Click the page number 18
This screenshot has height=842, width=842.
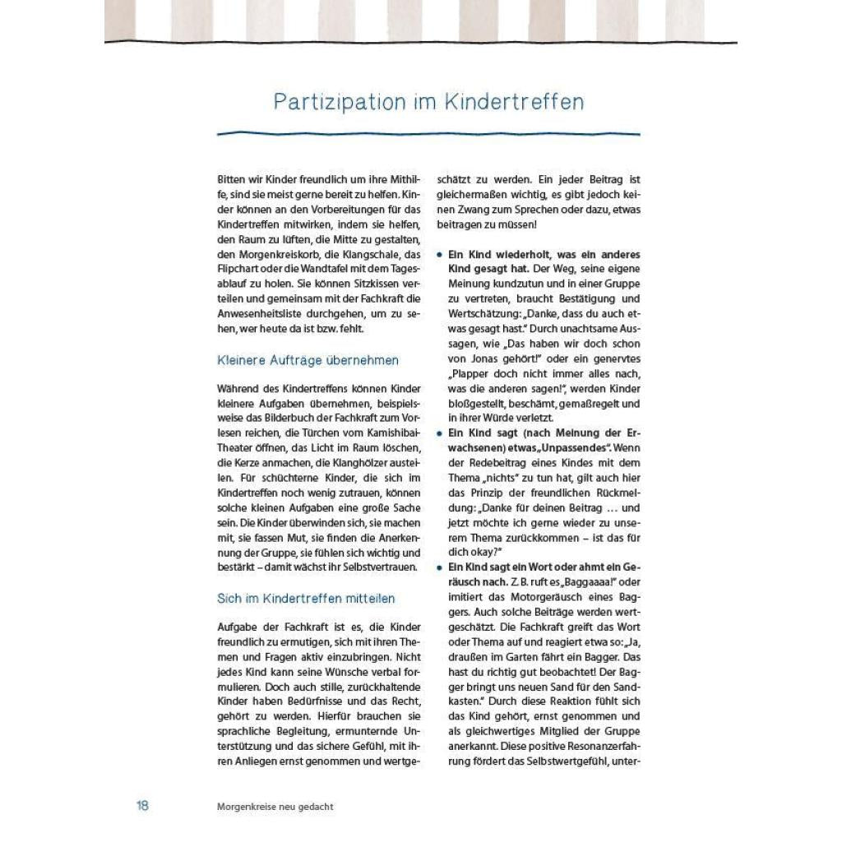[142, 806]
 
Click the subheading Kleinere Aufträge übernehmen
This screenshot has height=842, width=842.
[308, 360]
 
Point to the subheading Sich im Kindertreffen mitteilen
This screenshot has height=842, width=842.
[306, 599]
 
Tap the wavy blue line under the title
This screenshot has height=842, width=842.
[428, 132]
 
